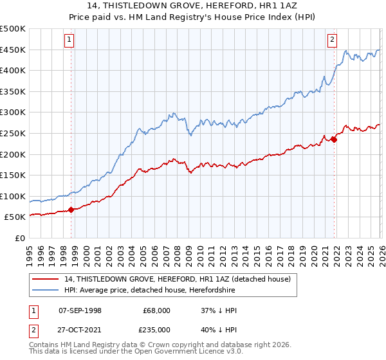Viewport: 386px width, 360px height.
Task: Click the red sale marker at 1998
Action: pos(71,209)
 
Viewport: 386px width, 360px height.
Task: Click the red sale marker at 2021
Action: pos(335,139)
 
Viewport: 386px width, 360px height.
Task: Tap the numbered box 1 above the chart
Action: pos(69,40)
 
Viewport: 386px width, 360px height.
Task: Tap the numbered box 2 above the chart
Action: pos(333,40)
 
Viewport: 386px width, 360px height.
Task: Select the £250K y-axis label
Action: pos(13,133)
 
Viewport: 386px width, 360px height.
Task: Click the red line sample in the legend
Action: pos(46,279)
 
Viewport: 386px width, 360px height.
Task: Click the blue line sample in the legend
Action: pos(46,290)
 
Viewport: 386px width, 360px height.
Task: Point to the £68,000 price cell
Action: pos(157,310)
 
